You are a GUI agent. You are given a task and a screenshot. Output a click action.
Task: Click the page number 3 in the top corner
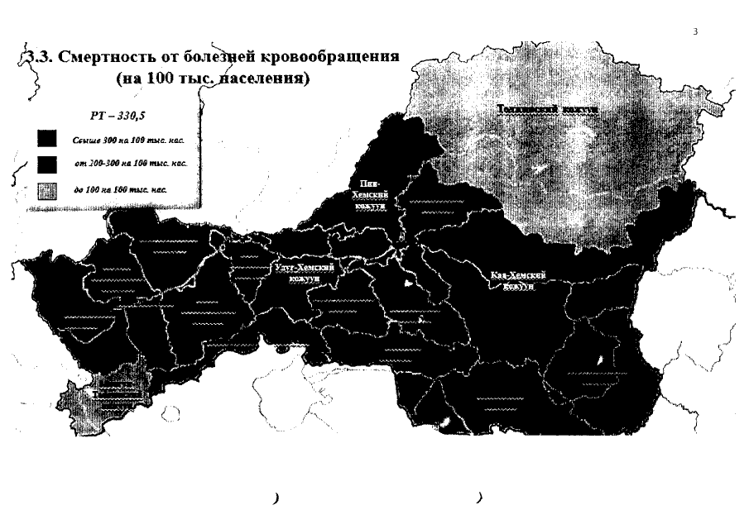click(695, 32)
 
